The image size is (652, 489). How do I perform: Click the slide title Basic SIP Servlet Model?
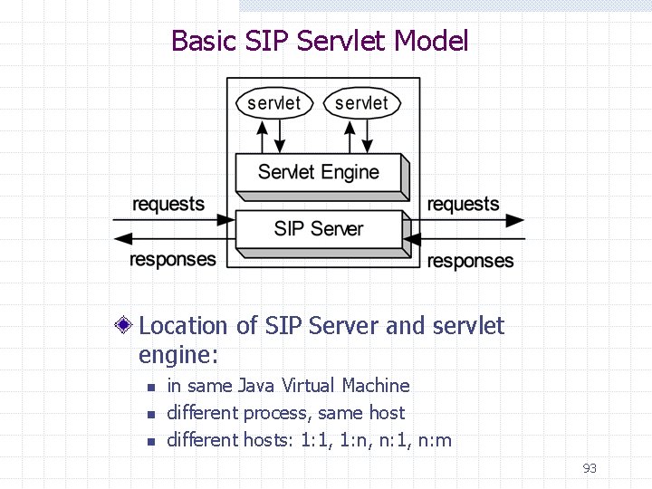pyautogui.click(x=320, y=41)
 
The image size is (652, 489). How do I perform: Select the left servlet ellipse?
pyautogui.click(x=273, y=103)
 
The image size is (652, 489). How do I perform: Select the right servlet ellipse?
pyautogui.click(x=361, y=103)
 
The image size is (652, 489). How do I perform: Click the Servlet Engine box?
pyautogui.click(x=318, y=172)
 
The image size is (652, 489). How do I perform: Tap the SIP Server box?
pyautogui.click(x=318, y=228)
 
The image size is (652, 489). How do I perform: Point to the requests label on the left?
pyautogui.click(x=168, y=204)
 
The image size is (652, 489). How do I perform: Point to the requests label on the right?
pyautogui.click(x=463, y=204)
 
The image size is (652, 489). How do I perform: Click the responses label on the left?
pyautogui.click(x=173, y=260)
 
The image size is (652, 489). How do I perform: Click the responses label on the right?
pyautogui.click(x=470, y=261)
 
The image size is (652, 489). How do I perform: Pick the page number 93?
pyautogui.click(x=590, y=468)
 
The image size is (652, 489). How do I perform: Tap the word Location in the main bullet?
pyautogui.click(x=184, y=326)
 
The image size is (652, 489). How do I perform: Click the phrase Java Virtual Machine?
pyautogui.click(x=323, y=386)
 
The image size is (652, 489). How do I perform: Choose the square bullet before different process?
pyautogui.click(x=151, y=415)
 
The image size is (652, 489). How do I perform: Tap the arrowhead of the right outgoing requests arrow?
pyautogui.click(x=515, y=220)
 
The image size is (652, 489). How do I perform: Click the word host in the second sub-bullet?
pyautogui.click(x=387, y=413)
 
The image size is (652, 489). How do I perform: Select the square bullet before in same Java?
pyautogui.click(x=151, y=388)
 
